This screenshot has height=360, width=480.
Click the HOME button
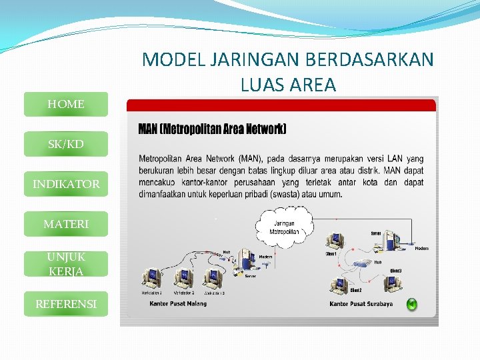click(65, 104)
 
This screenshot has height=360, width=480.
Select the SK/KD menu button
click(65, 144)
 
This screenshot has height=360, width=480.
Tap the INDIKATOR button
click(65, 184)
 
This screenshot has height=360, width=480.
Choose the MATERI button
click(65, 224)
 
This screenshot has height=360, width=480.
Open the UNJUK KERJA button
click(65, 264)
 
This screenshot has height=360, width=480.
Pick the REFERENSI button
click(65, 304)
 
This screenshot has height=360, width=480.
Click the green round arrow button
click(412, 305)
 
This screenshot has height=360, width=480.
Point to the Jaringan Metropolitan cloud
click(285, 228)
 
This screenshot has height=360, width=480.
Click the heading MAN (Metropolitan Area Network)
click(212, 129)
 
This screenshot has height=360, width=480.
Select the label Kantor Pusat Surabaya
click(361, 304)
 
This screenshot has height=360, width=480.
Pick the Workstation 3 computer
click(213, 276)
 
